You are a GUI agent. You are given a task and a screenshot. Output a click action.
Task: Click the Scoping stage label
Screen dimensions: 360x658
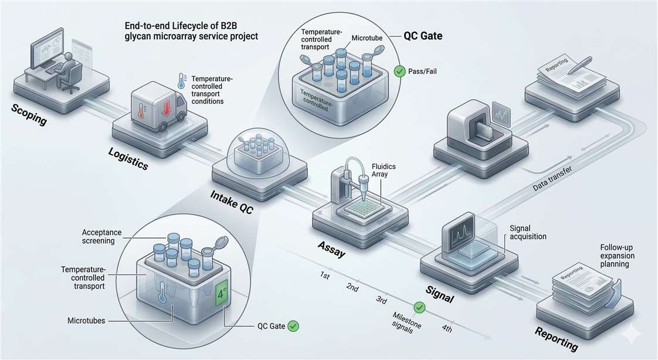(x=29, y=116)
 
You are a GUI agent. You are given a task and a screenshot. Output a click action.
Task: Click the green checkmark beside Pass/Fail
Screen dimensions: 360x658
(x=400, y=71)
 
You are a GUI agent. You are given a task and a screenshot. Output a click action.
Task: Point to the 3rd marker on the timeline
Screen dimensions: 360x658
(x=381, y=300)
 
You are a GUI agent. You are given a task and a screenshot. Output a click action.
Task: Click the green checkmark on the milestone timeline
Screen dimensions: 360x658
(x=419, y=307)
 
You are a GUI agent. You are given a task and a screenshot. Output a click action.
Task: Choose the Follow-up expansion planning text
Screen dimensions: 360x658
(x=615, y=256)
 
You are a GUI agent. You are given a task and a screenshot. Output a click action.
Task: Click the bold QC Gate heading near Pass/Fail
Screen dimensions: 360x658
(x=423, y=36)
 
